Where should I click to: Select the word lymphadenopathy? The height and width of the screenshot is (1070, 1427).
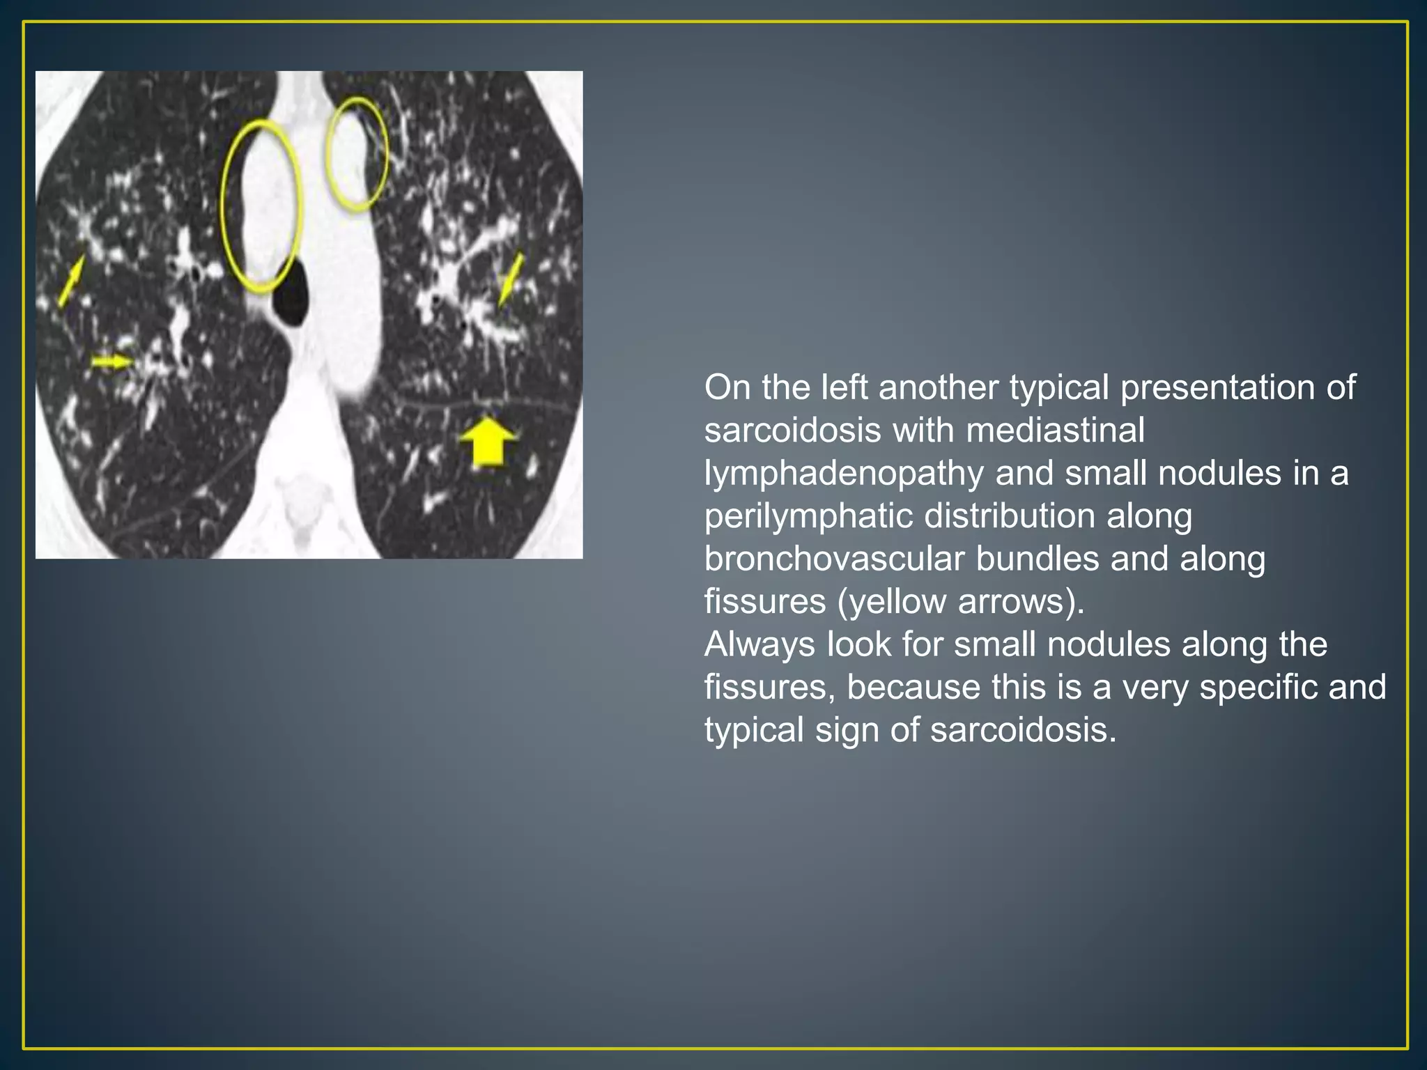click(844, 474)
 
